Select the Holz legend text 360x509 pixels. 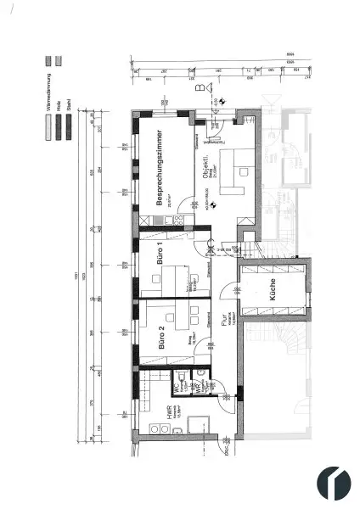click(58, 107)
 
